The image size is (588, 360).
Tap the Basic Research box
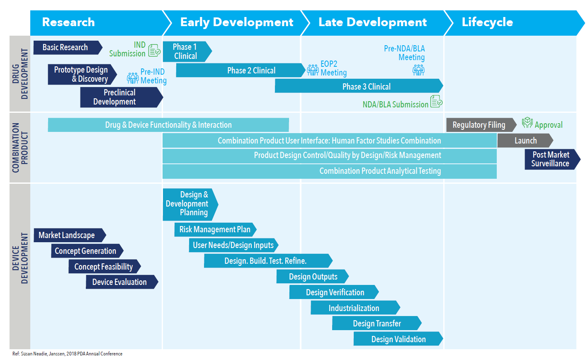tap(66, 48)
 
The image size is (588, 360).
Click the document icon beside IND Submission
tap(154, 50)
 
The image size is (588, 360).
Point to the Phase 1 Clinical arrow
tap(186, 52)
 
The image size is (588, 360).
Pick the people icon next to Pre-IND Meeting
tap(133, 78)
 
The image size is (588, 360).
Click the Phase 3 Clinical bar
tap(359, 86)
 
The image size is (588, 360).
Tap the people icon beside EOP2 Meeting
tap(313, 69)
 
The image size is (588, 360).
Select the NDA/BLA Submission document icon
tap(436, 101)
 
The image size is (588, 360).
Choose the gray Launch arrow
tap(525, 141)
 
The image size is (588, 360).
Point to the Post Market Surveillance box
tap(551, 159)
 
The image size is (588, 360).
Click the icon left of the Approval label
tap(527, 123)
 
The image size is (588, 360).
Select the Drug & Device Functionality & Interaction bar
tap(168, 125)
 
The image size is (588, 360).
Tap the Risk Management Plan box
tap(215, 229)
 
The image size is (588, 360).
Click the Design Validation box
tap(398, 339)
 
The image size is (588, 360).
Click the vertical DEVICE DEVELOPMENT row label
tap(20, 258)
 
